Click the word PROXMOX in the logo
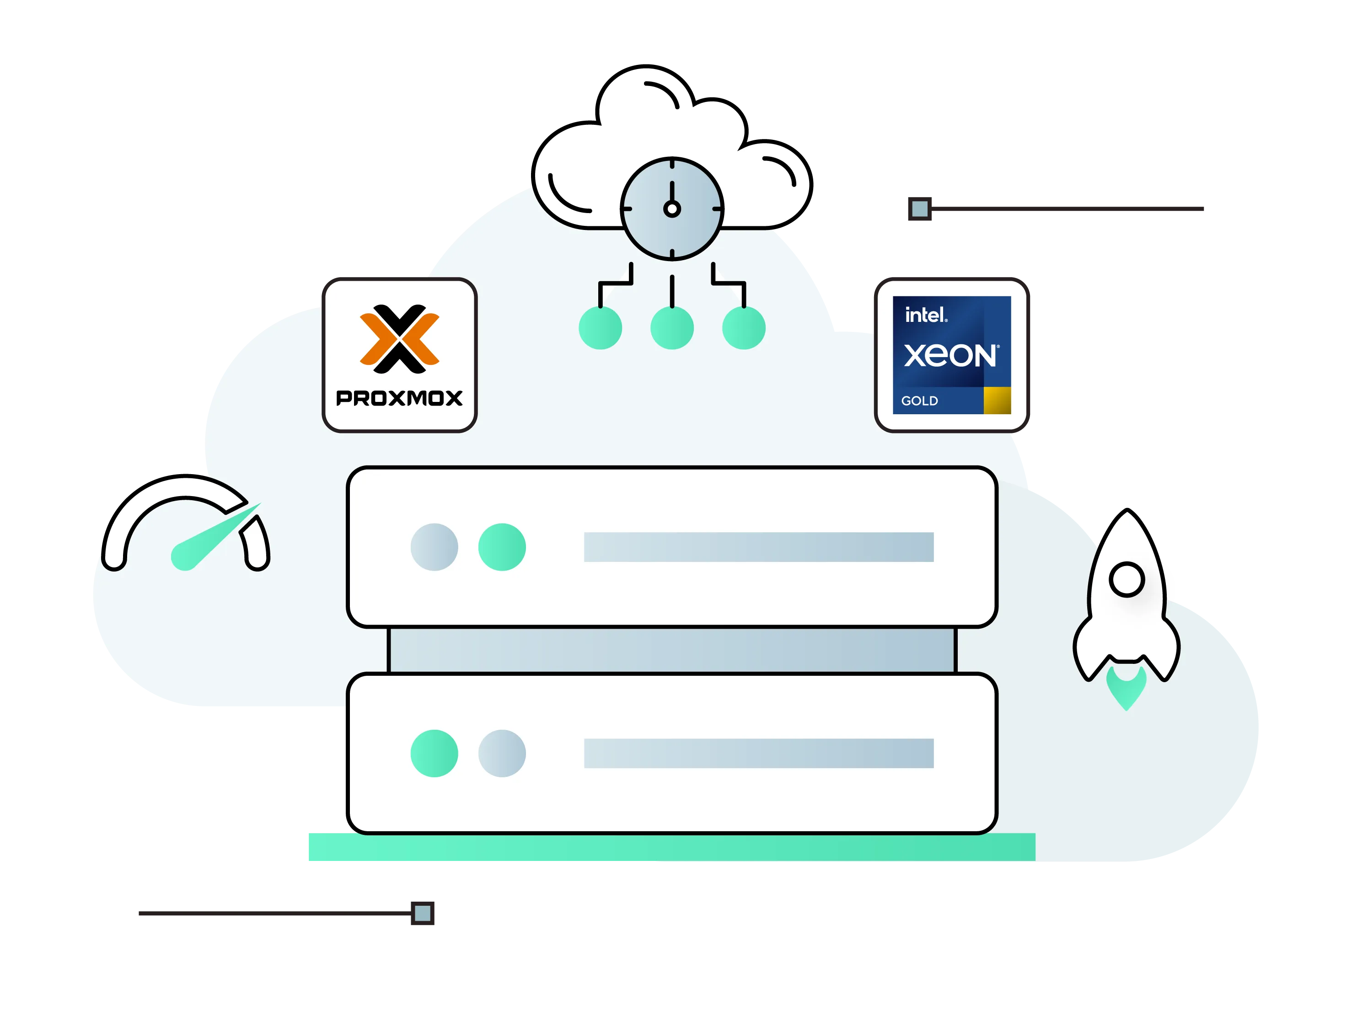click(399, 398)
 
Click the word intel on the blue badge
click(925, 315)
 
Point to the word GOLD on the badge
click(919, 401)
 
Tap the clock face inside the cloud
click(672, 209)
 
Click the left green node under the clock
click(600, 328)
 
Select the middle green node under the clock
click(672, 328)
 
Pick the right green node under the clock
click(743, 328)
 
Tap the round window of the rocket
click(1127, 579)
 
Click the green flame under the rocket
click(1126, 689)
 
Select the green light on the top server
click(502, 547)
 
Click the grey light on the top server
click(434, 547)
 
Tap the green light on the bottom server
click(434, 753)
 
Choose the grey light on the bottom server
click(502, 753)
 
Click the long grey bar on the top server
click(758, 547)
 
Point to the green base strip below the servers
click(671, 848)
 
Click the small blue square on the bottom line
click(422, 914)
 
